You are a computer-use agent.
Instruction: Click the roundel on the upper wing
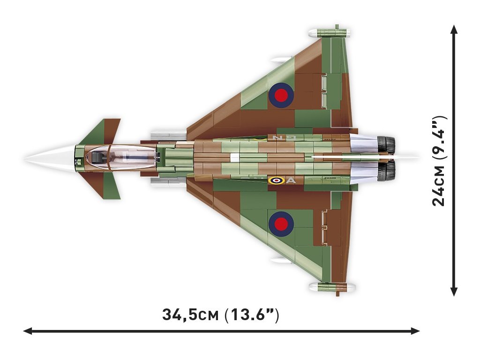click(x=281, y=95)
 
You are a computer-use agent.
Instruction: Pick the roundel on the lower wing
click(x=281, y=223)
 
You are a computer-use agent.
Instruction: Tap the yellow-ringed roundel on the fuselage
click(x=276, y=180)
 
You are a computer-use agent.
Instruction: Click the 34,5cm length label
click(x=221, y=314)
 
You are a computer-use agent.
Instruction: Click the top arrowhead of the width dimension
click(x=454, y=29)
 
